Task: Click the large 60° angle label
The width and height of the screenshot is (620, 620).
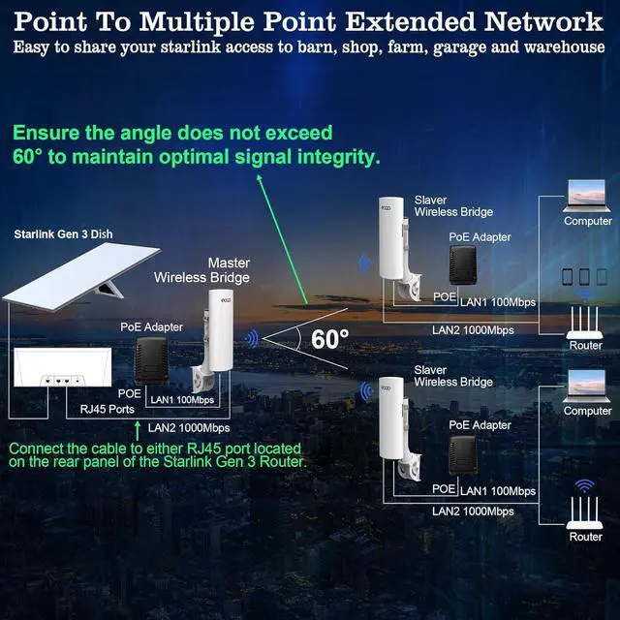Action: pos(330,339)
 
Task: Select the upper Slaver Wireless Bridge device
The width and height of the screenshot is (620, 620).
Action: pos(395,247)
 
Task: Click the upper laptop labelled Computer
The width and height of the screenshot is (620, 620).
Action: pos(587,200)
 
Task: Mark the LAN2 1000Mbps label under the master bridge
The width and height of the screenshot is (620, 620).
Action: pos(189,427)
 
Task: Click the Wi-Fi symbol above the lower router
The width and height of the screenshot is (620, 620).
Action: pos(584,484)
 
